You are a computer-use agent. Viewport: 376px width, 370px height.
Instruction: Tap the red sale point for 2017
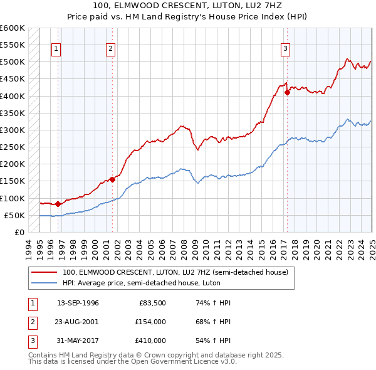pos(288,92)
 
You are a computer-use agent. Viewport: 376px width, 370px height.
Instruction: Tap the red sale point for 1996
pos(58,204)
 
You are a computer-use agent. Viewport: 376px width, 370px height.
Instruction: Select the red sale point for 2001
pos(112,179)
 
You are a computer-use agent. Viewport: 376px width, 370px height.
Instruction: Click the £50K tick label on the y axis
pos(14,215)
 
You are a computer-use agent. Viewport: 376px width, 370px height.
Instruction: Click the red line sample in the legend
pos(44,272)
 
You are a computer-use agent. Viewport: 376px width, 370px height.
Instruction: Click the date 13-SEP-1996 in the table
pos(78,303)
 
